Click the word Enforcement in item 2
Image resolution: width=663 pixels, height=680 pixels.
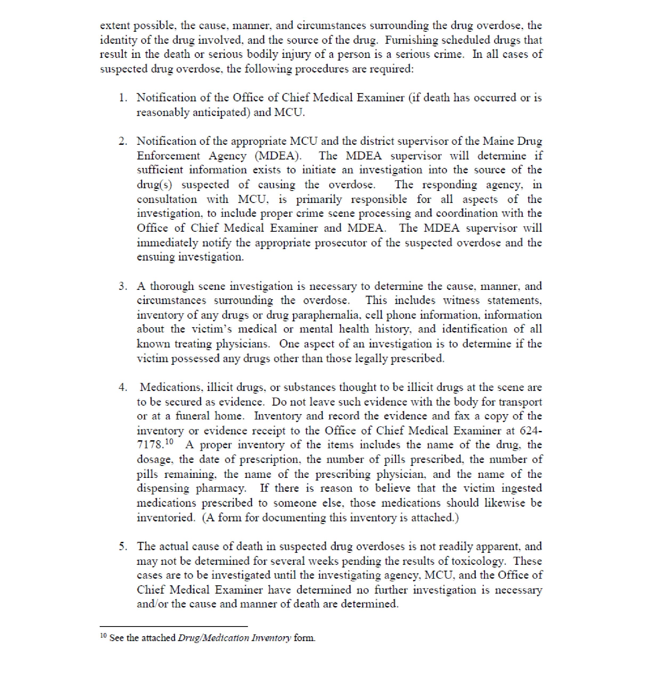point(168,156)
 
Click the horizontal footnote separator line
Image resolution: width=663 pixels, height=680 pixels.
point(174,626)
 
